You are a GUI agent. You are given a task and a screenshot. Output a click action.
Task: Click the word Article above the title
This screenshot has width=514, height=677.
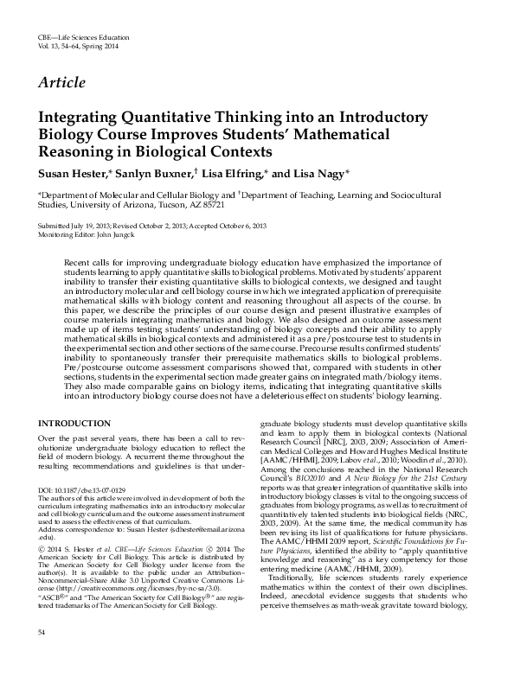click(x=61, y=83)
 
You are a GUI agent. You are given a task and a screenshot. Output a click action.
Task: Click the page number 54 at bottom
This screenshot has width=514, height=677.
click(x=42, y=659)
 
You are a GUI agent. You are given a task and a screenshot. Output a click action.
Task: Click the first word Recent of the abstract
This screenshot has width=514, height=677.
click(x=81, y=262)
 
